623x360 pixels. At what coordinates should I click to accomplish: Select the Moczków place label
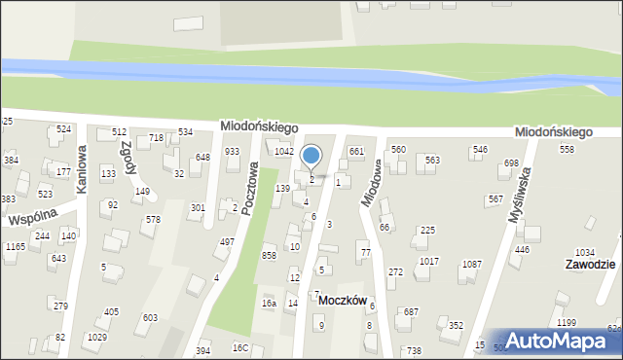[x=342, y=301]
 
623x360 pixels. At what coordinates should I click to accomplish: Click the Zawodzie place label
[x=588, y=265]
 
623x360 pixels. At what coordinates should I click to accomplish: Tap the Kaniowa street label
[x=82, y=167]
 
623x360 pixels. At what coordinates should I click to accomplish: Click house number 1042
[x=283, y=152]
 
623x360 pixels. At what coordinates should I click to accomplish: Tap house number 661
[x=356, y=152]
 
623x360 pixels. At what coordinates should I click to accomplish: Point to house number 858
[x=269, y=255]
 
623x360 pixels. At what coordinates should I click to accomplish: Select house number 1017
[x=429, y=262]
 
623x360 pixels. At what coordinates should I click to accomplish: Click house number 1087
[x=472, y=265]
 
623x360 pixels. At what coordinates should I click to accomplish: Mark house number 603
[x=150, y=318]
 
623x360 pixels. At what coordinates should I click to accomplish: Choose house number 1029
[x=96, y=338]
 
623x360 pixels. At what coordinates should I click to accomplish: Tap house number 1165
[x=15, y=247]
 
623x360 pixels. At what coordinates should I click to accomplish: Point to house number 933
[x=233, y=152]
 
